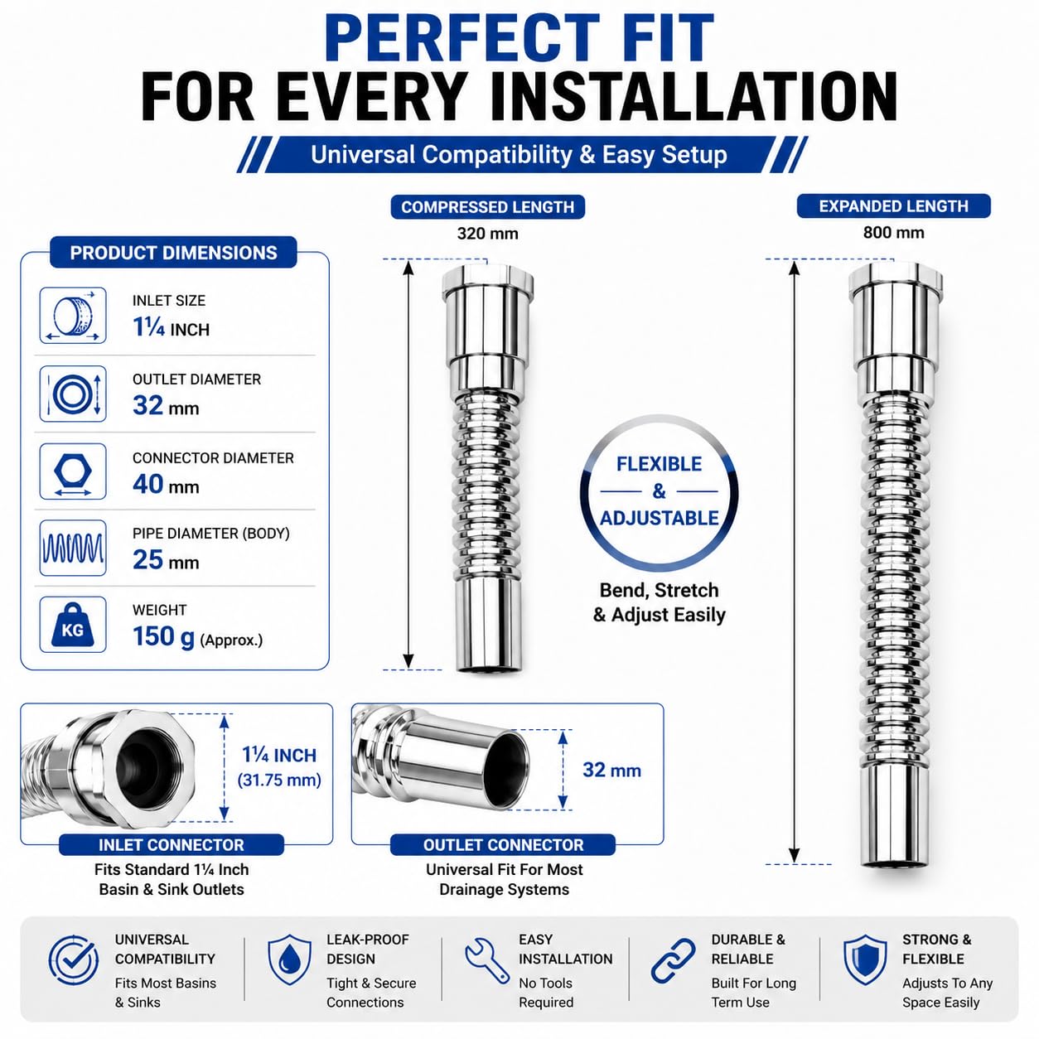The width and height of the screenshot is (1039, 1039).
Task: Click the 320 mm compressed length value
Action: click(487, 234)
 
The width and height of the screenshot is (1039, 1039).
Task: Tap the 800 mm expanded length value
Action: click(893, 232)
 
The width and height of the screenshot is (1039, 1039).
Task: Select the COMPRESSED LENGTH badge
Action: click(487, 207)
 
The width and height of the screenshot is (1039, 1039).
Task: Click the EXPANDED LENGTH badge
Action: click(893, 206)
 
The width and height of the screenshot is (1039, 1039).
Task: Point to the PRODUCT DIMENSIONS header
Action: click(173, 253)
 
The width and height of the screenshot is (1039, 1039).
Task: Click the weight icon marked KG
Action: click(73, 625)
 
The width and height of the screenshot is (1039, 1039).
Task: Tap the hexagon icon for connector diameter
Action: click(73, 471)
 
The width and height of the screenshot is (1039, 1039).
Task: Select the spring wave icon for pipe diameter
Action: click(73, 548)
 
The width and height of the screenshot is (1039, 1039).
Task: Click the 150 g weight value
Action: click(164, 636)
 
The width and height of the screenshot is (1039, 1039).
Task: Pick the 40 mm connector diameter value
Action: click(166, 484)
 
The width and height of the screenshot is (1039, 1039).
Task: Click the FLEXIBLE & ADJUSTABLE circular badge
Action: click(659, 491)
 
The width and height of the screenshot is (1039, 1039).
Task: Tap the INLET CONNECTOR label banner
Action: click(172, 845)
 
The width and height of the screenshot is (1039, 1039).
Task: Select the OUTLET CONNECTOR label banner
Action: click(503, 845)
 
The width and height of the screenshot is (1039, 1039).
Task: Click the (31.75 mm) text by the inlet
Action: click(279, 780)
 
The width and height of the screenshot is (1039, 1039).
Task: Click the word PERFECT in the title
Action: click(462, 38)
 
